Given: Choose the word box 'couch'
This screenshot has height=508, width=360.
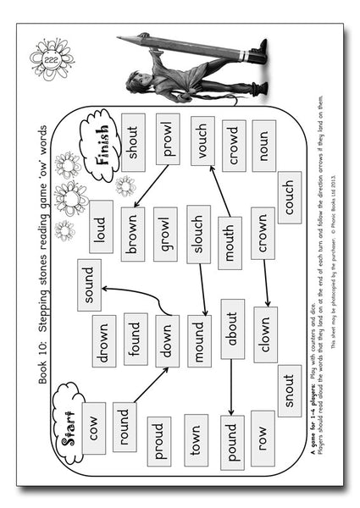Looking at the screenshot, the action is [288, 194].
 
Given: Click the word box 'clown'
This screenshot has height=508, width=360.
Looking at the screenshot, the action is [264, 333].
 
